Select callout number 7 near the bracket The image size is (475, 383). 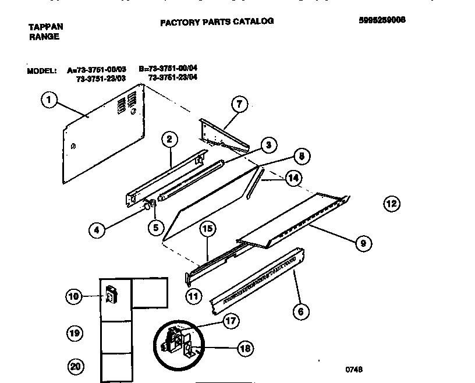[239, 105]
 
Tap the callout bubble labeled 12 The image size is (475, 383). [392, 203]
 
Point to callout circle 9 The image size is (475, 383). [363, 243]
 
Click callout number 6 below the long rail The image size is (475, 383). [300, 311]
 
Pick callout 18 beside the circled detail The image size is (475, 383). [245, 349]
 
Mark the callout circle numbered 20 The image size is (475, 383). [75, 367]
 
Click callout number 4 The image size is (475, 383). [97, 230]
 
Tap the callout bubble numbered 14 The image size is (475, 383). [294, 179]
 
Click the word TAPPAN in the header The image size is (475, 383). [46, 27]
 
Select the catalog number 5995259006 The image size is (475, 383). [382, 19]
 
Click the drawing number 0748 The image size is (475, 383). [353, 369]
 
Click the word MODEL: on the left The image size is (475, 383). [41, 71]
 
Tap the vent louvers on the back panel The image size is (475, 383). [122, 105]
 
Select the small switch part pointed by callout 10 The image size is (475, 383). [109, 295]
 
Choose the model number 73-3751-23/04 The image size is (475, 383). [172, 77]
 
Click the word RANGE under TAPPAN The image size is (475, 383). [44, 37]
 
